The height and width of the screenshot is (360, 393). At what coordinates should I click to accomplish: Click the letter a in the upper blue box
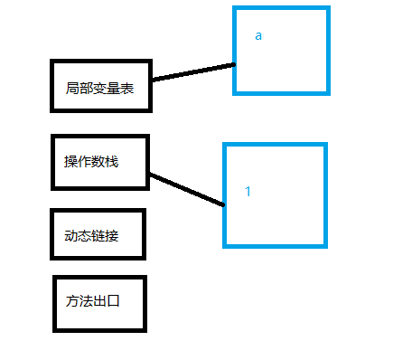pos(258,36)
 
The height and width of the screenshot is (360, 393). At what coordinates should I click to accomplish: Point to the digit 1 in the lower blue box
pos(248,192)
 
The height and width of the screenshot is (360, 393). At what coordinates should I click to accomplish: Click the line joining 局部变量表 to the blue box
pos(193,72)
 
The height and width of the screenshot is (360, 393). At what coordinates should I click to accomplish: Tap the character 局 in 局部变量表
pos(72,89)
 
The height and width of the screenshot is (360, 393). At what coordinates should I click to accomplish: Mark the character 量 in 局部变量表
pos(114,89)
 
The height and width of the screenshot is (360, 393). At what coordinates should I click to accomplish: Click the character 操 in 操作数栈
pos(70,162)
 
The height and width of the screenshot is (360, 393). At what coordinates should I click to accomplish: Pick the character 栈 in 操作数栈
pos(112,162)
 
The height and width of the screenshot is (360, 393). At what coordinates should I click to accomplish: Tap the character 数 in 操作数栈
pos(98,162)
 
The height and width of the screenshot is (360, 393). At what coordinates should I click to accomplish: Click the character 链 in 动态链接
pos(98,236)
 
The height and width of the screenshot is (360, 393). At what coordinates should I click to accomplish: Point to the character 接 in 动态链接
pos(112,236)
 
